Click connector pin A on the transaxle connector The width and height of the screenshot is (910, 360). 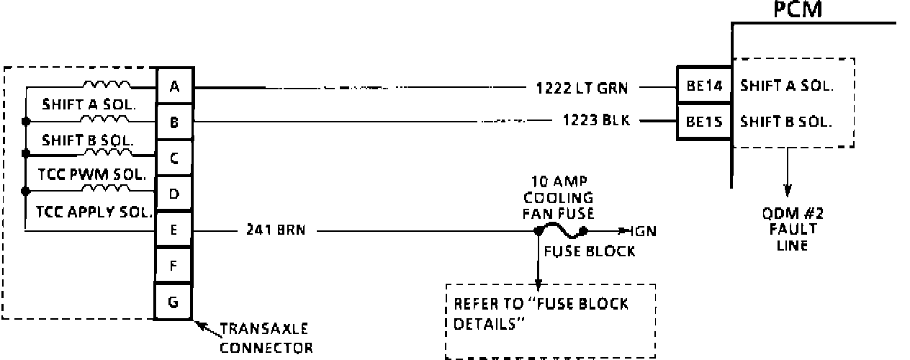click(174, 87)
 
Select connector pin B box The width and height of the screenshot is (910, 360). click(174, 122)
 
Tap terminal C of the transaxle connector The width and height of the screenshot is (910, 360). click(174, 158)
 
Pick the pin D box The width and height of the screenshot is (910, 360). click(174, 194)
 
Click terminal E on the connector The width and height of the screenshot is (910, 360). click(174, 231)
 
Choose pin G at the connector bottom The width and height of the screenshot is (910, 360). click(174, 301)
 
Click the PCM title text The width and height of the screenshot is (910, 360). click(798, 10)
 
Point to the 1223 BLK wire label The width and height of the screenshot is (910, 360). click(596, 120)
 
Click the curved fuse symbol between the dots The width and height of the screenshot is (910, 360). click(561, 230)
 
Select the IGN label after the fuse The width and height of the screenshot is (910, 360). click(642, 232)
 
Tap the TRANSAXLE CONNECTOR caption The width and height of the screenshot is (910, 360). click(266, 338)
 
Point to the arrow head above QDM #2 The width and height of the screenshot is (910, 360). click(788, 192)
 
